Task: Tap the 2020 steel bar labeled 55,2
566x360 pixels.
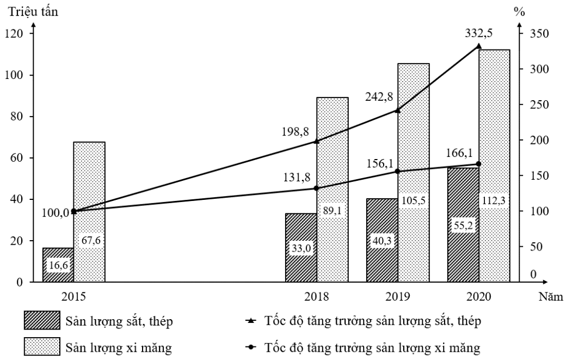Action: (x=463, y=225)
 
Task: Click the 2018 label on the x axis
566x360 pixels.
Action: (x=316, y=297)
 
